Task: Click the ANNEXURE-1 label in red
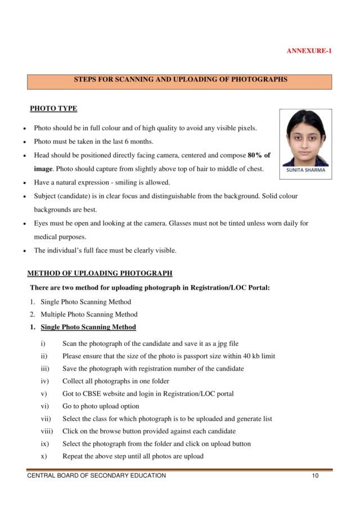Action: coord(309,51)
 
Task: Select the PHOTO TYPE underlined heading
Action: coord(53,109)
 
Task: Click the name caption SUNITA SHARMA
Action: coord(305,170)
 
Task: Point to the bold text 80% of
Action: coord(259,155)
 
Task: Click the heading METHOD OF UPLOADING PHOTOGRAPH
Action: coord(100,274)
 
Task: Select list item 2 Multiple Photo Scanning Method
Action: coord(88,314)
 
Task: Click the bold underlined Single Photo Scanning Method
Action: coord(88,327)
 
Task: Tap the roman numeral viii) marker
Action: coord(47,431)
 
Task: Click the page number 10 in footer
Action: coord(315,476)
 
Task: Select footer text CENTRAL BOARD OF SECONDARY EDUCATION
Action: coord(97,476)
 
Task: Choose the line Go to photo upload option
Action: coord(101,406)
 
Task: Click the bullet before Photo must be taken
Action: coord(24,142)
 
